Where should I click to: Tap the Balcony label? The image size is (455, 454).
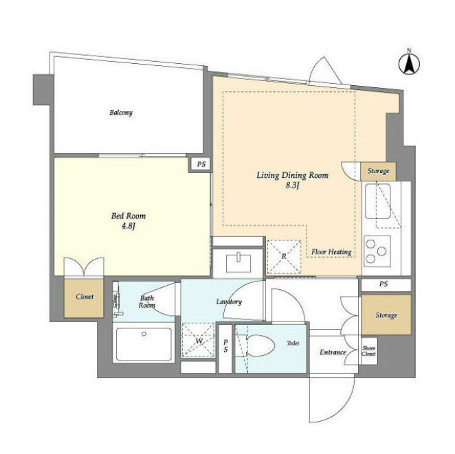point(121,113)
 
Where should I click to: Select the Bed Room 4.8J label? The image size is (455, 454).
point(129,221)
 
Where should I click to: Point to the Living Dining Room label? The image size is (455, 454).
point(292,175)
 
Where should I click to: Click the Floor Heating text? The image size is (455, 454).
point(331,251)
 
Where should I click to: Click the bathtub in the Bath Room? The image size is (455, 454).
point(144,344)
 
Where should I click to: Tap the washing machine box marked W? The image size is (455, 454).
point(199,340)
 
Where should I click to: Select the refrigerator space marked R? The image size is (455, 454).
point(284,257)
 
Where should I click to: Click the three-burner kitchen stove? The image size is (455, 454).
point(377,251)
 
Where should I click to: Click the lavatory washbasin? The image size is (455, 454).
point(238,262)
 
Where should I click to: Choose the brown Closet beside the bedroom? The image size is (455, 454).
point(84,297)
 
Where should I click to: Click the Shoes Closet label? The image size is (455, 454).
point(368,351)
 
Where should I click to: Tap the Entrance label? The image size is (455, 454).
point(333,352)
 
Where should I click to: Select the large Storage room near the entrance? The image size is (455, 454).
point(386,315)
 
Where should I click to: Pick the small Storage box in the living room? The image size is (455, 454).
point(378,171)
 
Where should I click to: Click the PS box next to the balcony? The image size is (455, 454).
point(201,164)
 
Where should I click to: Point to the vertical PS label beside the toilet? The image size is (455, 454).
point(225,346)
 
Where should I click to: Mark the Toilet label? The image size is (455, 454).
point(293,343)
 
